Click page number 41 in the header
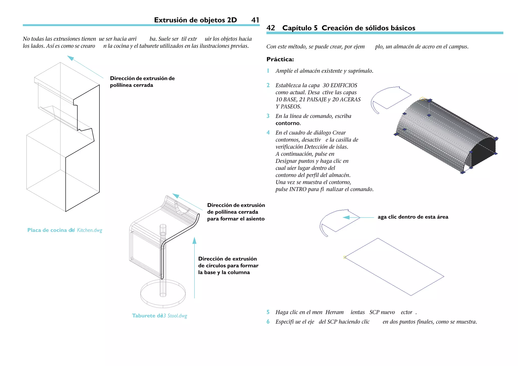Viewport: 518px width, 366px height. pos(255,20)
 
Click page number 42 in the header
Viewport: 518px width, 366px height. pos(271,28)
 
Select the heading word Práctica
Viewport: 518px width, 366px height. pos(280,59)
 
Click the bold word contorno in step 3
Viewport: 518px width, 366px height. pos(288,123)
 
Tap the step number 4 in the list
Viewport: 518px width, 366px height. pos(268,133)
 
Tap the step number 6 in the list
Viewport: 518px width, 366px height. pos(268,322)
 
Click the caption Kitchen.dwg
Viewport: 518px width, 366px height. pos(90,230)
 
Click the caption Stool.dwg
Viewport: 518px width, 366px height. pos(177,316)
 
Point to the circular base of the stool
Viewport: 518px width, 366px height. pos(163,300)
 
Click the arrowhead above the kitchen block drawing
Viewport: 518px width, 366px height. pos(70,58)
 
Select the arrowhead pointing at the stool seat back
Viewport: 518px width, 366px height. pos(176,196)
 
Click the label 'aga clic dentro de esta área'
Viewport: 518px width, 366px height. pos(413,217)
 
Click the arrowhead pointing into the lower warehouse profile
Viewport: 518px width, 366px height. pos(346,217)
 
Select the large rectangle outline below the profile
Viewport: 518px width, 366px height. pos(394,267)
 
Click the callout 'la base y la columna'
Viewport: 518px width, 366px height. pos(224,272)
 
